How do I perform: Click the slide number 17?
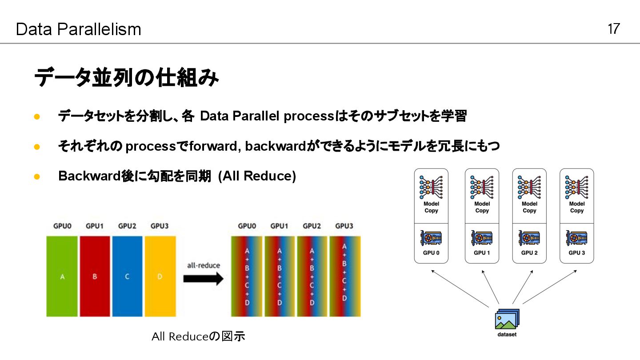(x=613, y=29)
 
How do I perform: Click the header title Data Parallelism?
(x=78, y=29)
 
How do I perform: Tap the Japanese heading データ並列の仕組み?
(x=126, y=78)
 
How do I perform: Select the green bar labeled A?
(x=62, y=276)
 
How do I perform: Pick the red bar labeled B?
(x=95, y=276)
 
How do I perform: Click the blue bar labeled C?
(x=127, y=276)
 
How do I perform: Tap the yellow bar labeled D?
(x=160, y=276)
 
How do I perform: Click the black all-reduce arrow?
(x=204, y=279)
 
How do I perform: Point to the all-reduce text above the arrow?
(x=204, y=265)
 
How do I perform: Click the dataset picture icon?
(x=507, y=319)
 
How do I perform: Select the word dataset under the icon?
(x=507, y=335)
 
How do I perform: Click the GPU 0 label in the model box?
(x=431, y=253)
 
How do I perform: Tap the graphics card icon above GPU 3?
(x=576, y=238)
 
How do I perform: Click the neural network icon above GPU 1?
(x=482, y=187)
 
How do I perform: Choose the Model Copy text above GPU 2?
(x=529, y=207)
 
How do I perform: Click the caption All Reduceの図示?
(x=198, y=336)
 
